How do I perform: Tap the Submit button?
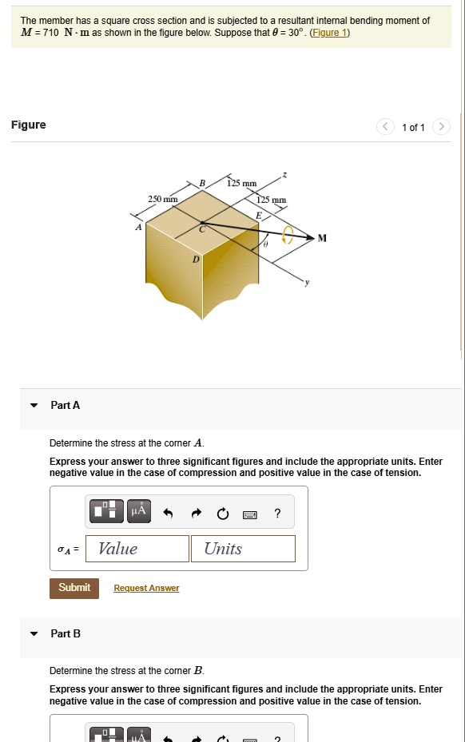74,588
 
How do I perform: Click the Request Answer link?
146,589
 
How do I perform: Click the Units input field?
243,549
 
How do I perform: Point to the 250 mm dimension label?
163,198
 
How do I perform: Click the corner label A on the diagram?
138,227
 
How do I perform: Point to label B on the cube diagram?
202,184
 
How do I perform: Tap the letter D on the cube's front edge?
195,260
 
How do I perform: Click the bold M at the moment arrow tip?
322,238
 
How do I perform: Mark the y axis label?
304,283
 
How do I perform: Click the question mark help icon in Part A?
277,514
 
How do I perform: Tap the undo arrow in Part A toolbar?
168,514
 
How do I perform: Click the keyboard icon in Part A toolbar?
249,514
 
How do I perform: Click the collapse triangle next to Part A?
34,406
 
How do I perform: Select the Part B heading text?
66,633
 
